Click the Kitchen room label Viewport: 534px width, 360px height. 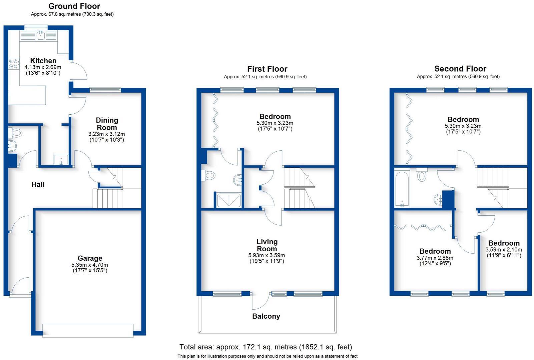(x=43, y=61)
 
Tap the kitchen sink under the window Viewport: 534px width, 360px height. (x=41, y=35)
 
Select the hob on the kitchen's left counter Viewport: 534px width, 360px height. (x=14, y=64)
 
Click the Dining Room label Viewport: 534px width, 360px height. (x=107, y=124)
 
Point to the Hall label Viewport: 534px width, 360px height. (x=38, y=184)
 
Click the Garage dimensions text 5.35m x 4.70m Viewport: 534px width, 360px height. (x=90, y=265)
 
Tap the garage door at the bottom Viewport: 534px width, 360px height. (x=88, y=330)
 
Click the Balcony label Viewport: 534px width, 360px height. (x=266, y=316)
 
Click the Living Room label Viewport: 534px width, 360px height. (x=267, y=245)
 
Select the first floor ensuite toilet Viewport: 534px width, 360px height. (x=209, y=175)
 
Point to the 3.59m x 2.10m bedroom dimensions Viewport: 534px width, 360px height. (x=504, y=250)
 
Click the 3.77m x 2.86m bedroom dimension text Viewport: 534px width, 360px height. (x=435, y=258)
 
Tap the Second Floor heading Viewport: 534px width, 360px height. (x=460, y=69)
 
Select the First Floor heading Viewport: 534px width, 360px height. (x=267, y=69)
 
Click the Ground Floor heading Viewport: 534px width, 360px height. (x=74, y=6)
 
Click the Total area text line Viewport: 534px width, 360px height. (x=265, y=347)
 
